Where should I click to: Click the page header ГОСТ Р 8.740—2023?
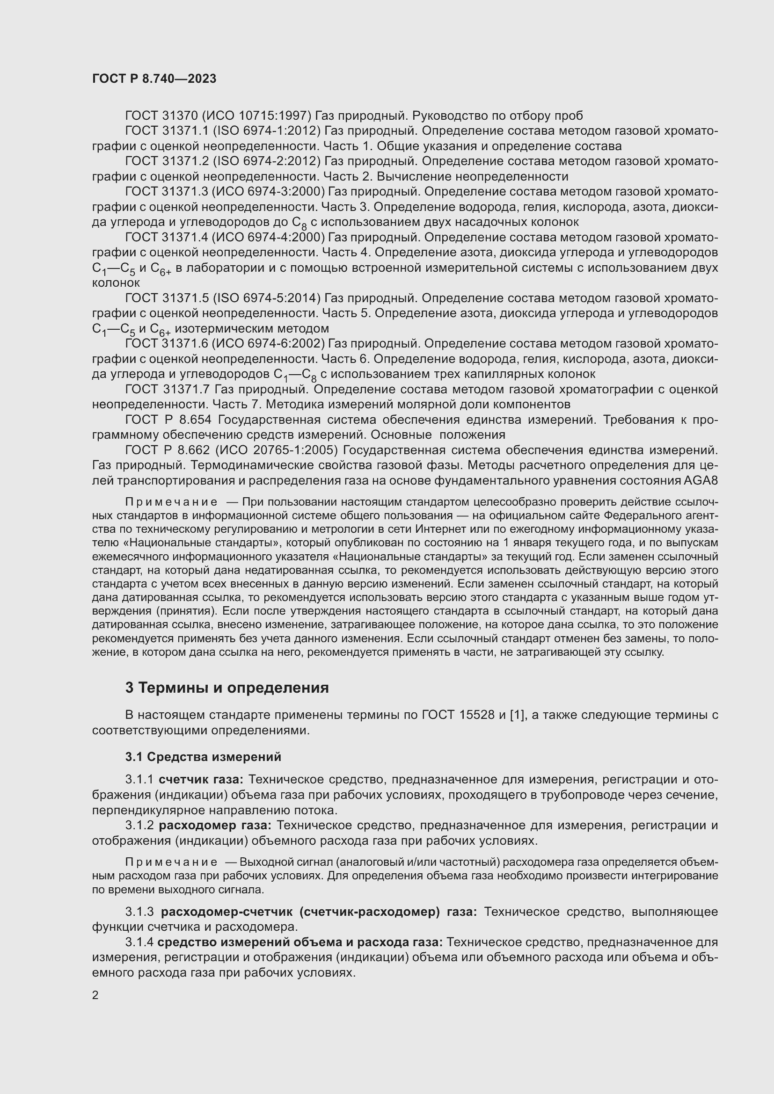point(154,79)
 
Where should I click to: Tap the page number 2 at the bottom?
point(95,995)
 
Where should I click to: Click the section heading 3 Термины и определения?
point(227,688)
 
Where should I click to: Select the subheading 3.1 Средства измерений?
point(203,757)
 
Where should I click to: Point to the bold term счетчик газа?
point(201,780)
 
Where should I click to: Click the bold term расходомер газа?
point(214,825)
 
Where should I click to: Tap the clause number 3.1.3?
point(139,912)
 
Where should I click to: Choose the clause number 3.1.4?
point(139,942)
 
